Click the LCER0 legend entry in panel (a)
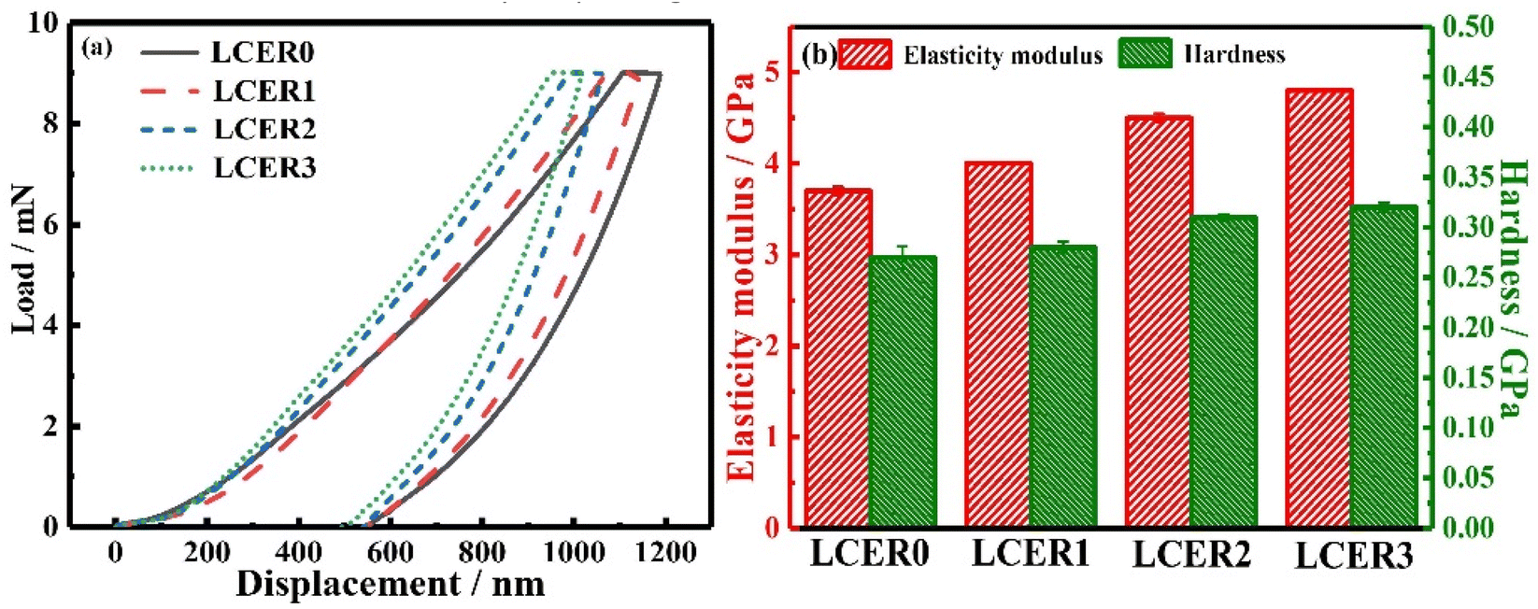[x=262, y=51]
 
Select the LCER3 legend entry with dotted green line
[x=264, y=168]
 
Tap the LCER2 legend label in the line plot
[x=264, y=129]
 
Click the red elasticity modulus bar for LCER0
[x=838, y=359]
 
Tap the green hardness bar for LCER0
[x=903, y=392]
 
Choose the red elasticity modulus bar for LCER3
[x=1318, y=309]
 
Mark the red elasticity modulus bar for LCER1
[x=998, y=346]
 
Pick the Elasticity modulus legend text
[x=1003, y=56]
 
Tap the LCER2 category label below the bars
[x=1190, y=555]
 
